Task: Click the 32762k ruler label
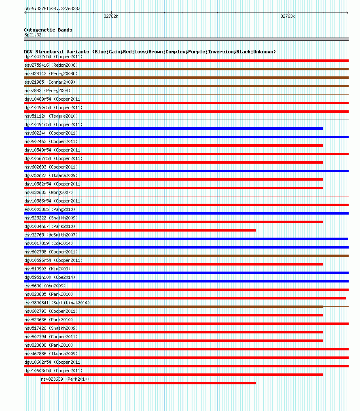tap(111, 17)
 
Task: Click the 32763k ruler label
tap(288, 17)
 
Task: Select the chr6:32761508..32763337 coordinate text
tap(52, 8)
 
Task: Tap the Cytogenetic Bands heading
tap(48, 30)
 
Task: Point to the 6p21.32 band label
tap(33, 35)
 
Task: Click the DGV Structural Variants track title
tap(150, 52)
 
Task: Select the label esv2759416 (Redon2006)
tap(51, 65)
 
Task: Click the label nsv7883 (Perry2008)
tap(47, 91)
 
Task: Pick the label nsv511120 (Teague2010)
tap(51, 116)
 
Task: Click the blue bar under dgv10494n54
tap(174, 129)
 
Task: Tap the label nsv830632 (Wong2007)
tap(49, 192)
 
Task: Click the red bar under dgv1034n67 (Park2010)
tap(140, 230)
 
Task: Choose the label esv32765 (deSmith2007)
tap(51, 235)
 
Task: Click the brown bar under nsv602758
tap(186, 256)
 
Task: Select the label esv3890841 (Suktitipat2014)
tap(57, 303)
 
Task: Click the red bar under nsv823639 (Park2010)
tap(148, 383)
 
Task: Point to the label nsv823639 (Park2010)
tap(65, 379)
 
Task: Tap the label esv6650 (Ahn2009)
tap(44, 286)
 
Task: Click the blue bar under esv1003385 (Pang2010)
tap(186, 213)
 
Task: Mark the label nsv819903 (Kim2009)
tap(47, 269)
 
